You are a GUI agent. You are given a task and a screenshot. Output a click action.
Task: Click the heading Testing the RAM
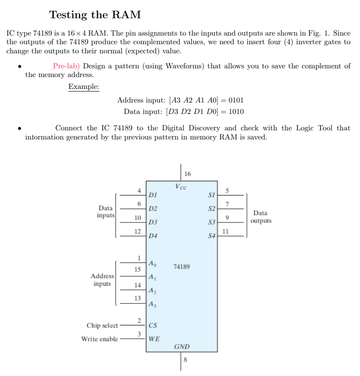tap(95, 15)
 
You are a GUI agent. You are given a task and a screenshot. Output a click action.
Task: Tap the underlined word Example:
tap(84, 87)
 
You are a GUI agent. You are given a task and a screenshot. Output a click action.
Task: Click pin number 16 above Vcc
tap(188, 174)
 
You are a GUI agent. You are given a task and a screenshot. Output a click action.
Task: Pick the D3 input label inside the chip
tap(153, 222)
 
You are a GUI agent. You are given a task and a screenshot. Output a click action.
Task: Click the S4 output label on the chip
tap(211, 236)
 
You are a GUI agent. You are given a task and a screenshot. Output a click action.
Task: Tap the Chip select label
tap(102, 325)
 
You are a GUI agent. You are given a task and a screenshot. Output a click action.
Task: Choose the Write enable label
tap(99, 339)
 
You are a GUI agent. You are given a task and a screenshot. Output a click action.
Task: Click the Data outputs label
tap(261, 216)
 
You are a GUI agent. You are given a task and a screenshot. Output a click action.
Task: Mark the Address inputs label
tap(102, 279)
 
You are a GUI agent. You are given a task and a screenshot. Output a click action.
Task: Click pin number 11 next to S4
tap(225, 231)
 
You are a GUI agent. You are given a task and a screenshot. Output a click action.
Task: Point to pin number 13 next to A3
tap(137, 298)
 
